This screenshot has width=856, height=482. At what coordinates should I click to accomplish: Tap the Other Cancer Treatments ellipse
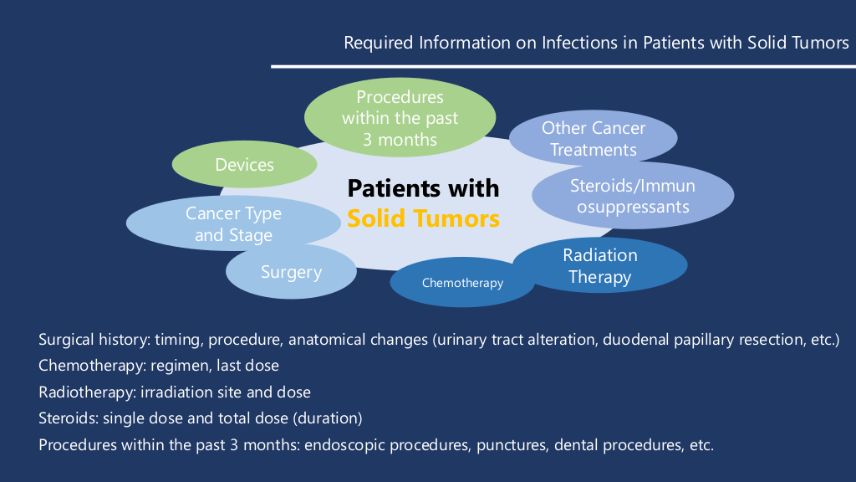tap(594, 139)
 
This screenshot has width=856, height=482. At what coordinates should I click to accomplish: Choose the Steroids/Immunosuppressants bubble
tap(633, 195)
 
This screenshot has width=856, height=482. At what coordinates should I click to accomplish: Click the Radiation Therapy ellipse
tap(600, 265)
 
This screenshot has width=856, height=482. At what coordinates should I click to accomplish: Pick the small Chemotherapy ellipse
tap(462, 283)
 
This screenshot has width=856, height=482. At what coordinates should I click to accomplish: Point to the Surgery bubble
tap(291, 272)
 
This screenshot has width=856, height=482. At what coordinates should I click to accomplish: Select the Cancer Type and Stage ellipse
tap(233, 224)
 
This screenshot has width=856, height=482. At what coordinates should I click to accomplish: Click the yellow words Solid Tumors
tap(423, 219)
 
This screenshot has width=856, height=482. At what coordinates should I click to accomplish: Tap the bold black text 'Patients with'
tap(423, 187)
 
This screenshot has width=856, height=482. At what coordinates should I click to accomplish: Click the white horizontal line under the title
tap(560, 66)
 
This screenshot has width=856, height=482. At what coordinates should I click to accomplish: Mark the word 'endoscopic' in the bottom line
tap(344, 444)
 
